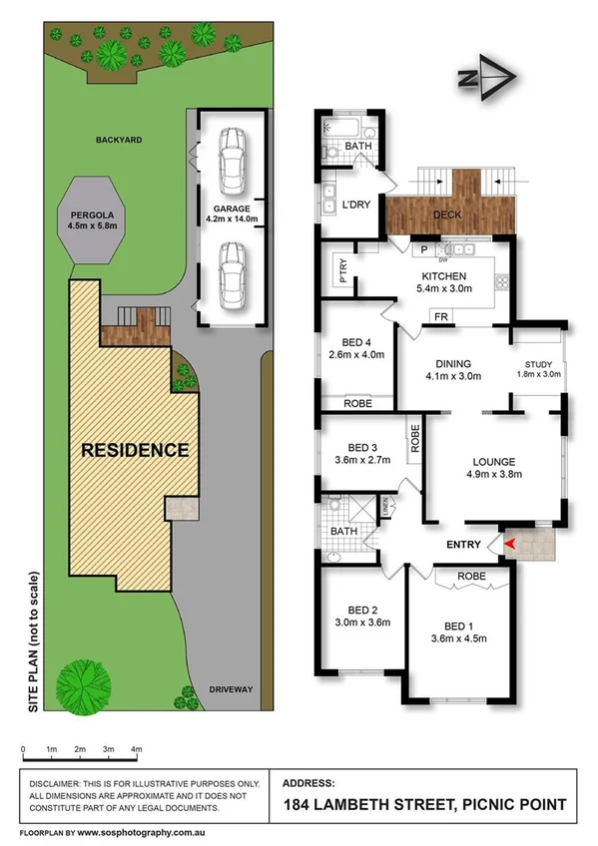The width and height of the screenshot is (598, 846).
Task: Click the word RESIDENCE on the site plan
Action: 135,449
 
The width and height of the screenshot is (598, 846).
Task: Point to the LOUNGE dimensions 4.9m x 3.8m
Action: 494,474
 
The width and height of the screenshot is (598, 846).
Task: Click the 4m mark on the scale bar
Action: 137,748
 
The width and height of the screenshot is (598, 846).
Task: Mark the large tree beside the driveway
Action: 80,684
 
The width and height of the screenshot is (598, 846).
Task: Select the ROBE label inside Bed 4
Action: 356,405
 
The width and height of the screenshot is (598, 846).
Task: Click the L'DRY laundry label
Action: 356,205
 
